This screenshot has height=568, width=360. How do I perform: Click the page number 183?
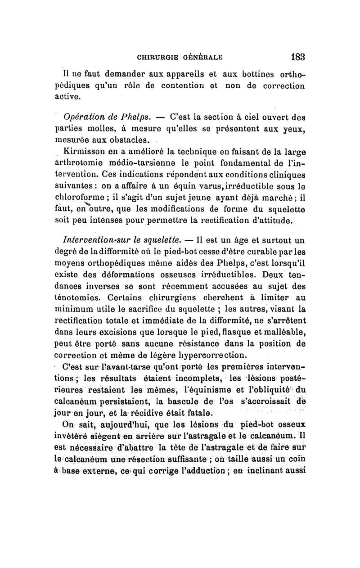pos(298,57)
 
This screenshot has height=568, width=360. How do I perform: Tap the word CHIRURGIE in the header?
pos(157,58)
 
